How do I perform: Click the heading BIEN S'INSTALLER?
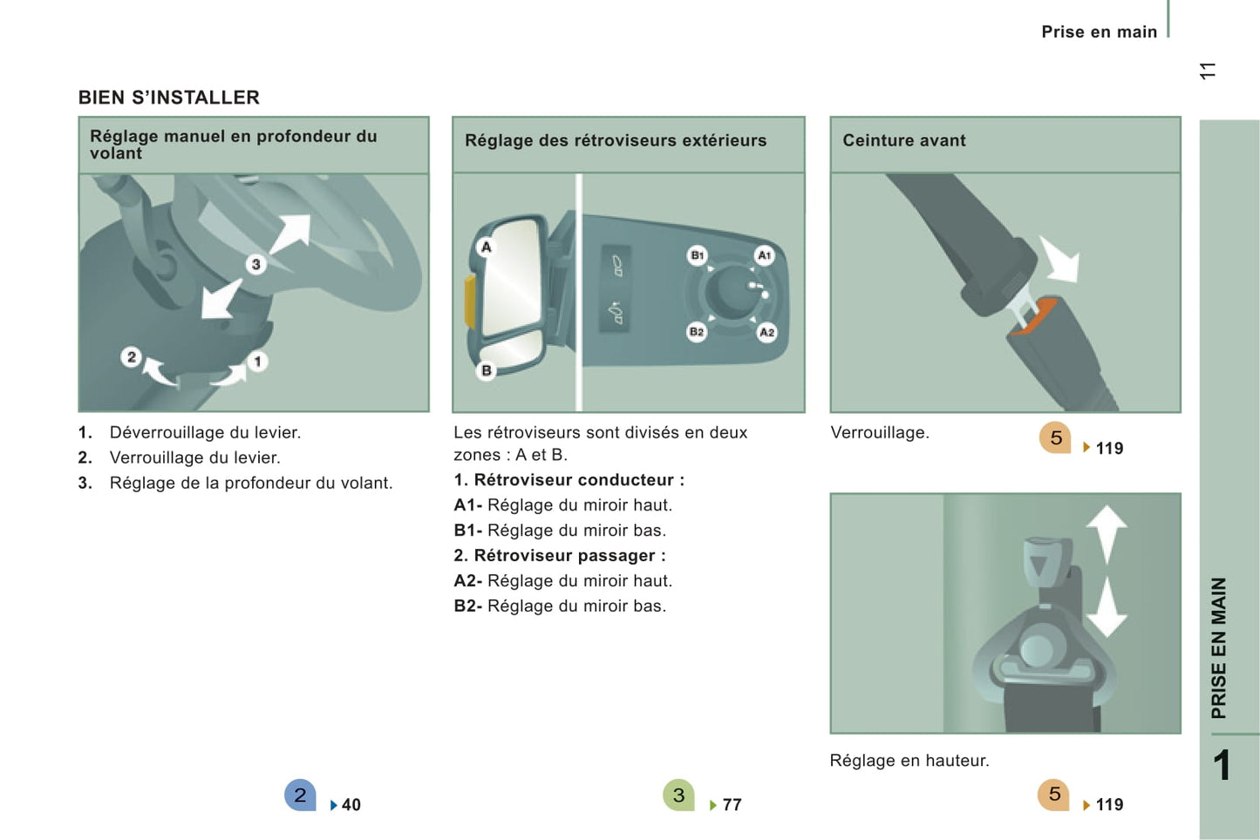point(169,98)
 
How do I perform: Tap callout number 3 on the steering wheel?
point(256,264)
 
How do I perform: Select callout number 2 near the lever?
point(131,357)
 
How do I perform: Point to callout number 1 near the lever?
point(257,362)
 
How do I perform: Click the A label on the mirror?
point(487,247)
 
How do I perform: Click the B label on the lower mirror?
point(487,370)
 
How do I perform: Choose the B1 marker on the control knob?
point(698,255)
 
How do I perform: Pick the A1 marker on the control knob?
point(764,255)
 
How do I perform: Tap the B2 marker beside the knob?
point(697,332)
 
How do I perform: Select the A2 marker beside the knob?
point(766,332)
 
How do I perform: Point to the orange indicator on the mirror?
point(470,301)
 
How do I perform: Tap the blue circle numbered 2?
point(300,795)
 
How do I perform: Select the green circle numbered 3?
point(679,795)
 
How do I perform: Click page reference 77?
point(732,804)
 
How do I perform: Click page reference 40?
point(351,804)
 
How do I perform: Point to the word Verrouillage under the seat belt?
point(880,432)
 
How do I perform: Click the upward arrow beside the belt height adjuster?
point(1107,534)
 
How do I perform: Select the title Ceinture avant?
point(904,140)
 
